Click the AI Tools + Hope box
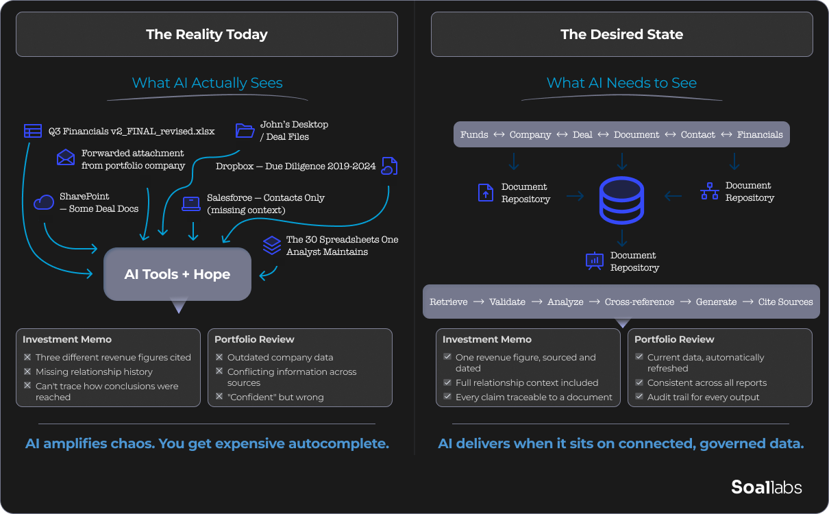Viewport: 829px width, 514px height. click(177, 274)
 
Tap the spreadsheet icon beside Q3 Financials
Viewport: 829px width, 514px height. click(32, 131)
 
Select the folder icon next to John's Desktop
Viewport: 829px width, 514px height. click(245, 130)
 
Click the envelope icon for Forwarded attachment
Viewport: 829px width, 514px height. click(66, 158)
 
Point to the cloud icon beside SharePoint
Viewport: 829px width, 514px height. click(44, 202)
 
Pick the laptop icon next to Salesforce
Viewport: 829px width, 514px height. click(191, 204)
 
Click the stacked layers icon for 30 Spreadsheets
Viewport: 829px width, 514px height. click(272, 245)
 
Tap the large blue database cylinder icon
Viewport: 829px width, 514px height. click(621, 200)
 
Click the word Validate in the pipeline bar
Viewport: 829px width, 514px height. click(507, 302)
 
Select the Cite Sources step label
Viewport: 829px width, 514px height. click(785, 302)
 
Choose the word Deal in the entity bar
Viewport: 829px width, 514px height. click(582, 134)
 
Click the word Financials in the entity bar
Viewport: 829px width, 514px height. click(760, 134)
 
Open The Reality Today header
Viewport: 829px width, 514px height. click(207, 34)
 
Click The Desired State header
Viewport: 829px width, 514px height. click(621, 34)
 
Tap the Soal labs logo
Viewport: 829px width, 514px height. click(766, 487)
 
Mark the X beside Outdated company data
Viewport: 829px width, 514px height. click(219, 357)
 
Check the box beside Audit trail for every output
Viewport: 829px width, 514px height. click(639, 397)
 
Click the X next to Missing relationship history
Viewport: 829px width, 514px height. click(27, 371)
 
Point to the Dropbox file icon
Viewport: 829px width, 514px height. click(389, 166)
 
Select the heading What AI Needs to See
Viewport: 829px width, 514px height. click(621, 83)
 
